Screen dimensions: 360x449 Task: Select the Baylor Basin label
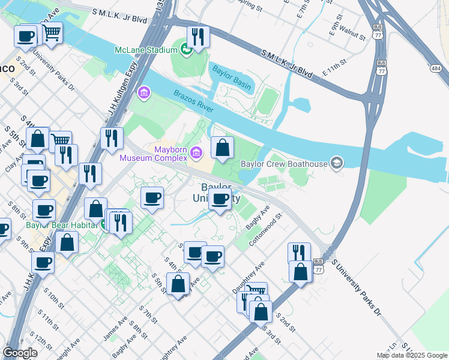point(231,68)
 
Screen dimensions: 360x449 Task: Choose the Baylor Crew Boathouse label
point(284,163)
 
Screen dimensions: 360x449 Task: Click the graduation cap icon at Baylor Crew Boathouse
point(337,163)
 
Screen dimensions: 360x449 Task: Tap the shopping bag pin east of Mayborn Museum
point(222,148)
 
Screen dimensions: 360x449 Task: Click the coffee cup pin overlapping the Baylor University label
point(220,200)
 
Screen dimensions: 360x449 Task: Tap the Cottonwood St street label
point(271,224)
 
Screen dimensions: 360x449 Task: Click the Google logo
point(20,353)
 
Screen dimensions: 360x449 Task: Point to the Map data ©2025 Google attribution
point(411,355)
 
